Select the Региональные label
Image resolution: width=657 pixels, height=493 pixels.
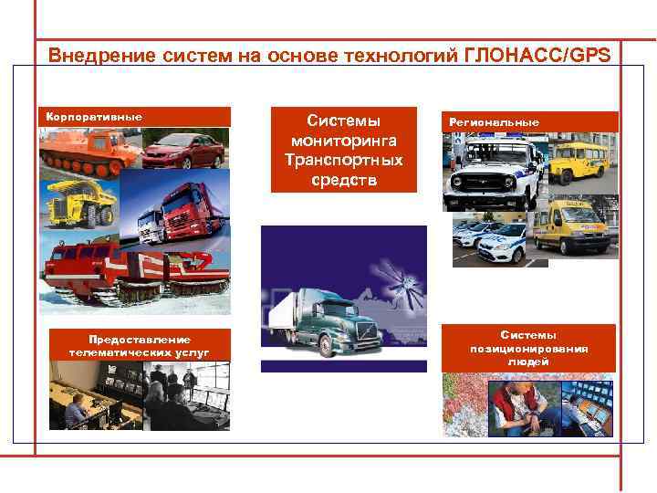(493, 121)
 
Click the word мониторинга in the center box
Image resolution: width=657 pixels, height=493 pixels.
(344, 141)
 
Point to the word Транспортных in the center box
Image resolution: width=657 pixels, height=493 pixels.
(343, 160)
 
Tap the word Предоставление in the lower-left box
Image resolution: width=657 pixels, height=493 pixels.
(139, 339)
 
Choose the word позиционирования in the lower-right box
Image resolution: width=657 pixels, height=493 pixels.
(529, 349)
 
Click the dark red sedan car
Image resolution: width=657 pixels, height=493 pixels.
(182, 151)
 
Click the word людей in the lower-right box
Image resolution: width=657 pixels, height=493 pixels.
(529, 362)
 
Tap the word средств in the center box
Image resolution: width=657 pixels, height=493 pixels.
(343, 179)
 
